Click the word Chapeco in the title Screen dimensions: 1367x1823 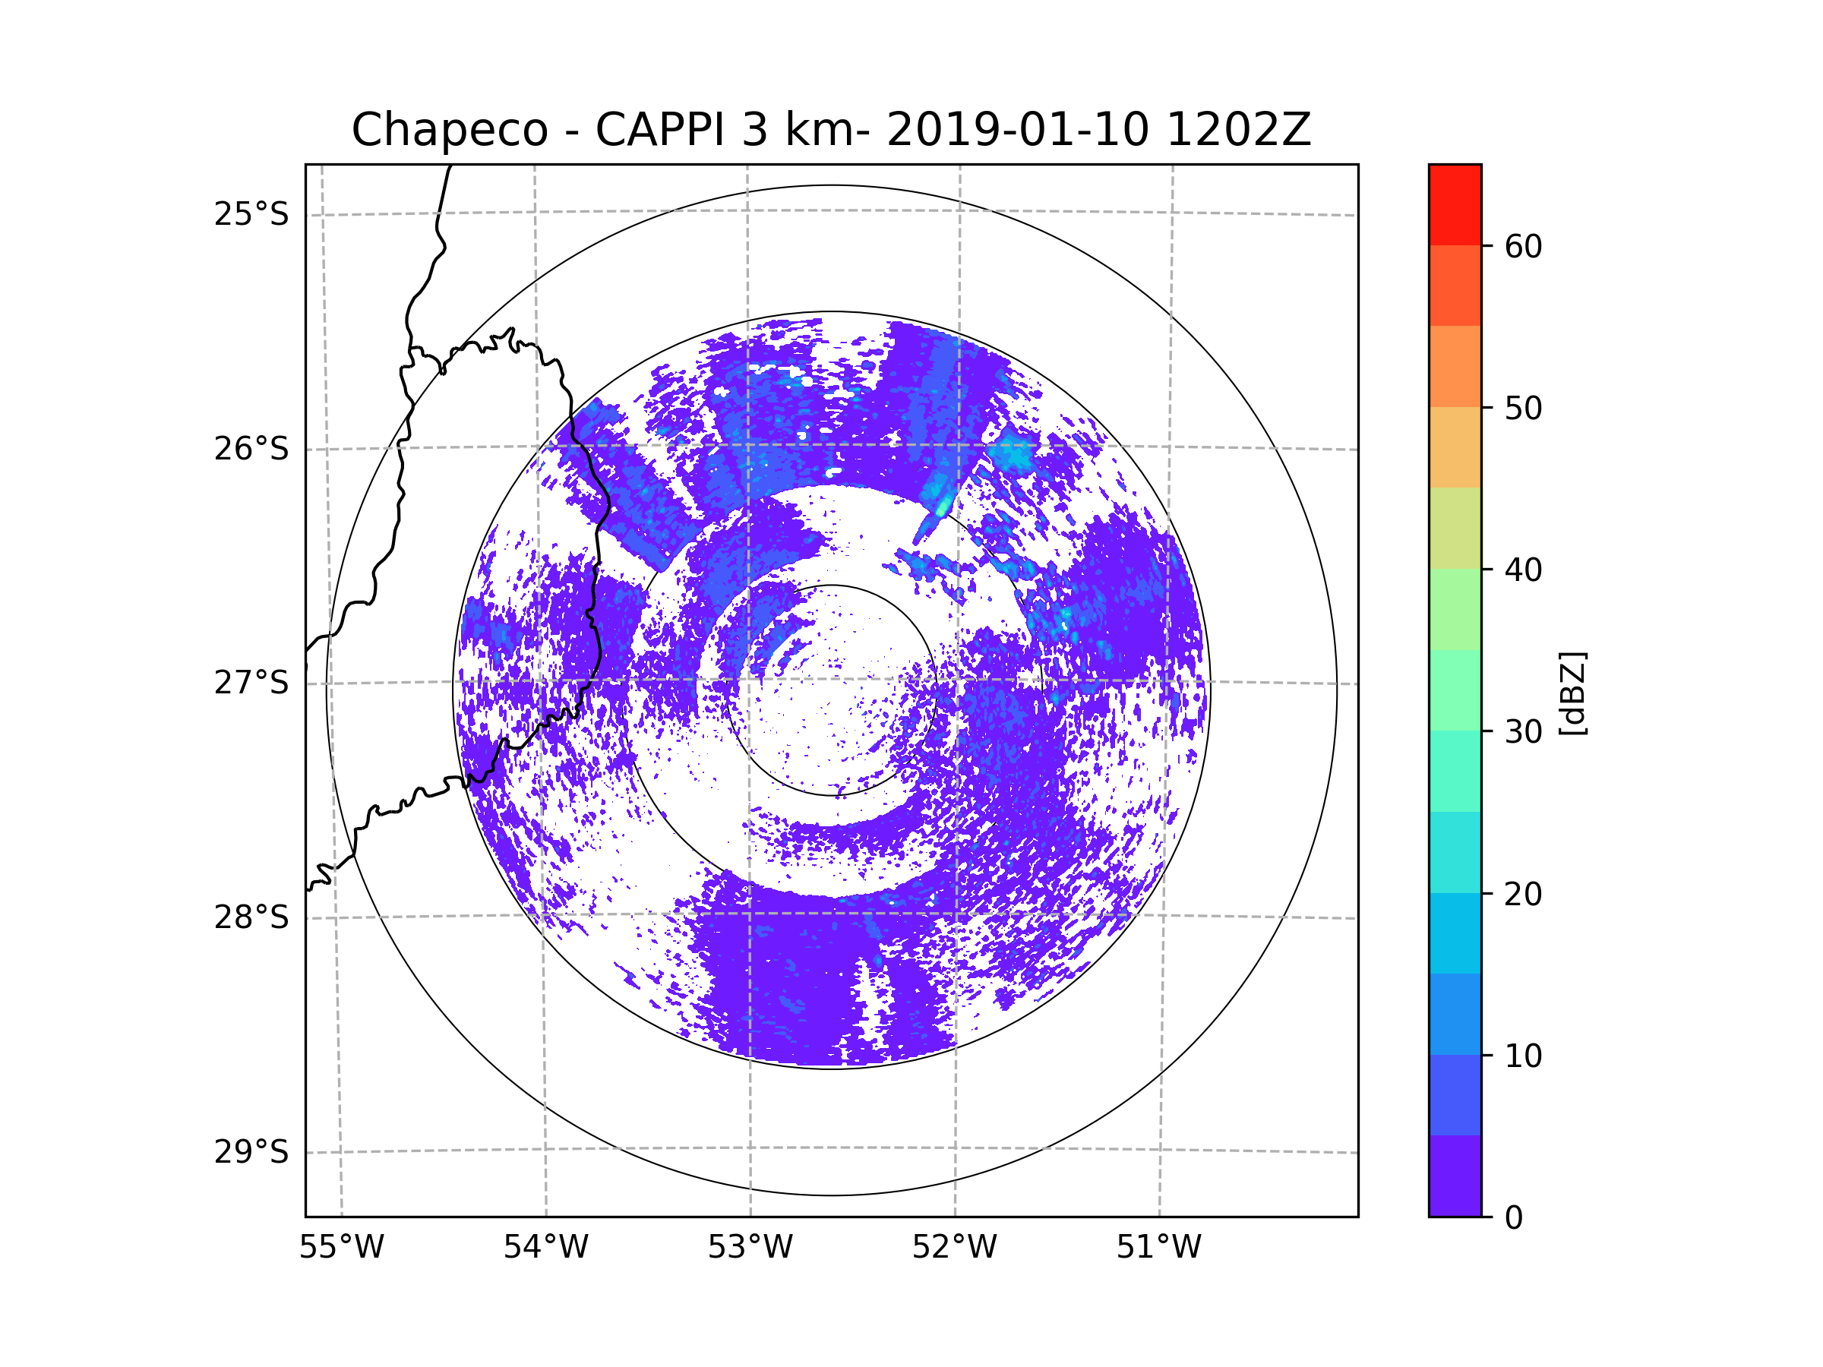[449, 130]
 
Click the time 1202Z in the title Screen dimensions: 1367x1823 [1239, 130]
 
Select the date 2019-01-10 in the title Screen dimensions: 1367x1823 [1017, 130]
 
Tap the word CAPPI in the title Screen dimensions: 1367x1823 [659, 130]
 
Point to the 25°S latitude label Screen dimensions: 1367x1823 [251, 214]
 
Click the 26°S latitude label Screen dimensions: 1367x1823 [251, 449]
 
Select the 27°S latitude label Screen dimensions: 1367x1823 [251, 683]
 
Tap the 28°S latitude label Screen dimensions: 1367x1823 [251, 917]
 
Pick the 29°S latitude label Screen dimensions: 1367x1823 [251, 1152]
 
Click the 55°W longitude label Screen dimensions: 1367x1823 [341, 1248]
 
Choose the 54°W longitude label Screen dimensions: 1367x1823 [545, 1248]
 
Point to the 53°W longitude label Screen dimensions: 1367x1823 [750, 1248]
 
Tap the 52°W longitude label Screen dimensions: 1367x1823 [954, 1248]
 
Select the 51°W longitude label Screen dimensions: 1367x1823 [1158, 1248]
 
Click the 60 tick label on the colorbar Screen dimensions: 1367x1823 [1523, 246]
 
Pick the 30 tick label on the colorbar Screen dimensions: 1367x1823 [1523, 731]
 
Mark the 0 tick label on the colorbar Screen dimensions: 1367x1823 [1514, 1218]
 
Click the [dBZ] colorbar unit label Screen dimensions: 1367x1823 [1572, 693]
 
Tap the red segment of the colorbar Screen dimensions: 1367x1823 [1455, 205]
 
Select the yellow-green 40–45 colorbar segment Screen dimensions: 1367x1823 [1455, 528]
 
